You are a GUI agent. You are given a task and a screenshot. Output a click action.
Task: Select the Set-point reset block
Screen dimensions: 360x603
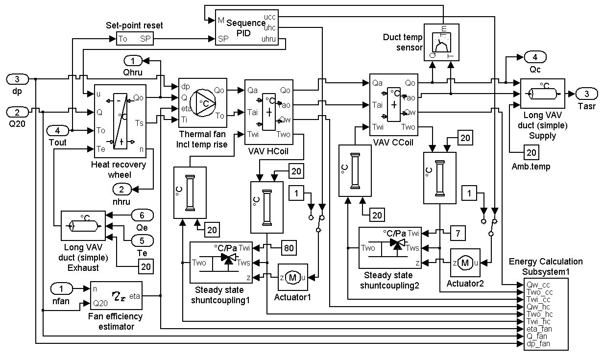tap(135, 38)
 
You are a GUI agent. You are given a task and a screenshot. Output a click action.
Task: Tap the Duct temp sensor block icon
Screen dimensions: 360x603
tap(441, 42)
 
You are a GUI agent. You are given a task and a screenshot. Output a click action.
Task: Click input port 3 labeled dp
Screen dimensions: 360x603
tap(18, 79)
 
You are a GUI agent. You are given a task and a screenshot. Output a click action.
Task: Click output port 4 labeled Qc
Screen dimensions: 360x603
tap(535, 56)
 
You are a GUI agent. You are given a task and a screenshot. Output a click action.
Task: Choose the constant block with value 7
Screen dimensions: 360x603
tap(457, 234)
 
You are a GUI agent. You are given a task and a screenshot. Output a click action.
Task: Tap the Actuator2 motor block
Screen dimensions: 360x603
tap(465, 263)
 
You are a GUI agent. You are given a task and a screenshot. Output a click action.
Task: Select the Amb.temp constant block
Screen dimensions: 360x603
tap(531, 152)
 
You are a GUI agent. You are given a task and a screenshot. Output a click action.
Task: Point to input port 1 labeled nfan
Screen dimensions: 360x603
tap(64, 288)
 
